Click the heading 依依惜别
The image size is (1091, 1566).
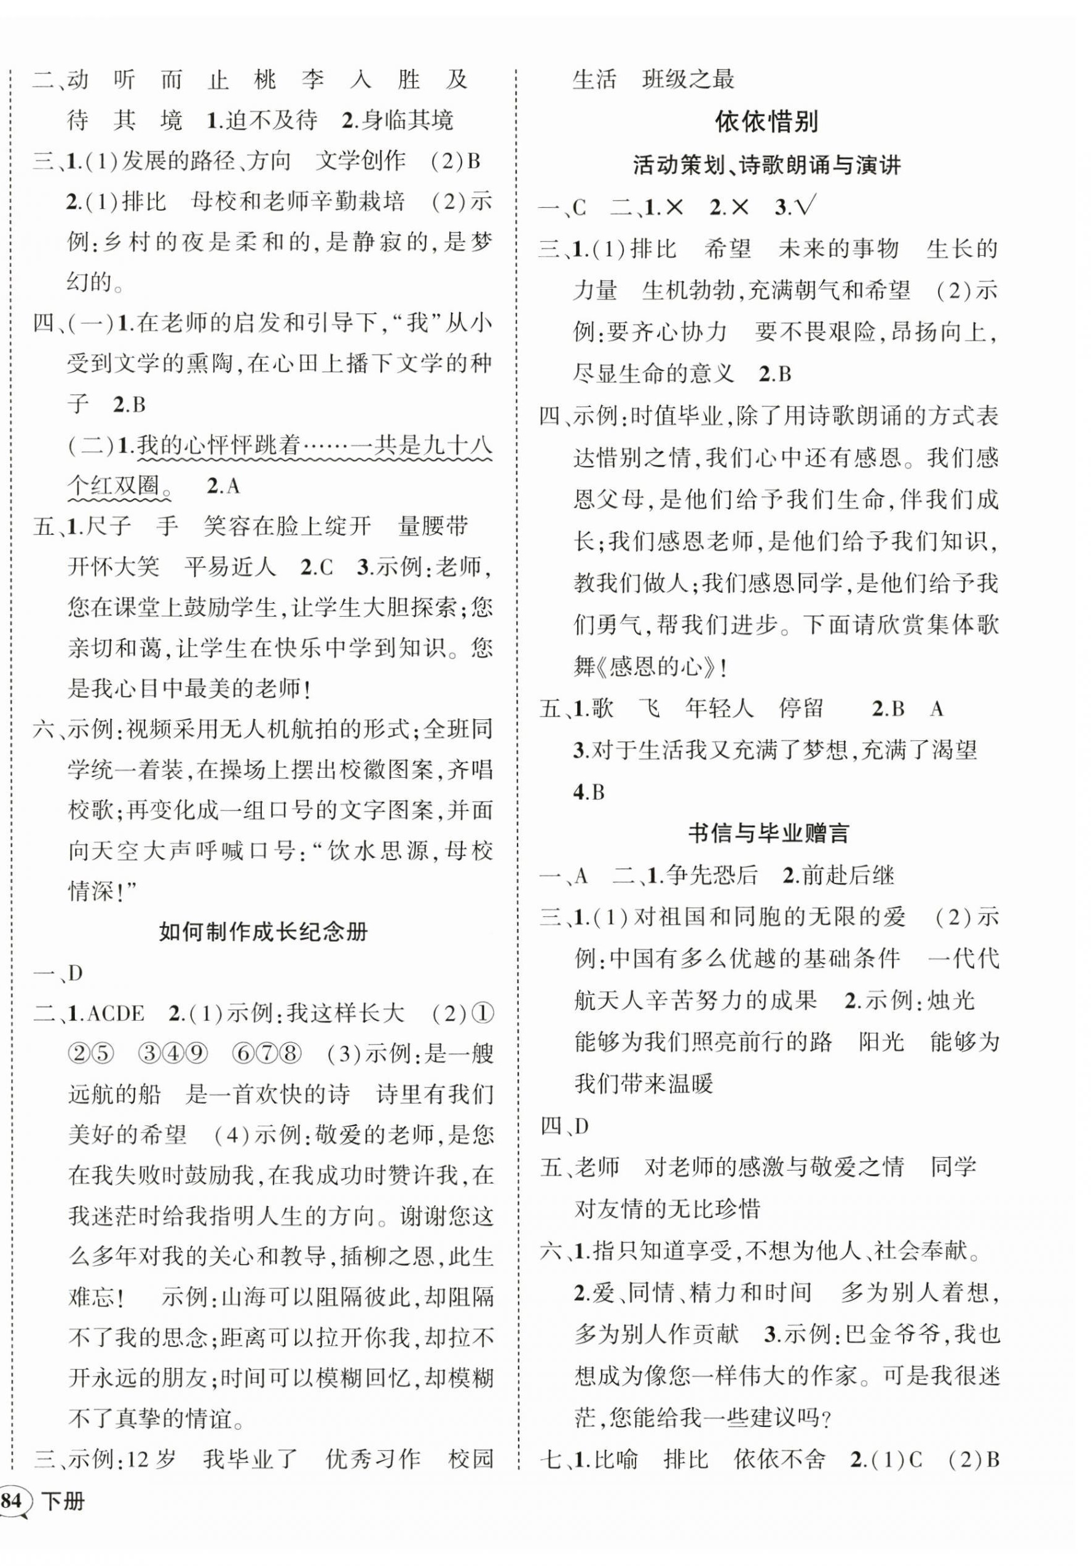pos(766,122)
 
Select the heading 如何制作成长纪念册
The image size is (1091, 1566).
pos(263,931)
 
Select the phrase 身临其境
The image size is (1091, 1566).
pos(407,121)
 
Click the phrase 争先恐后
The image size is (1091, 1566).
pos(711,875)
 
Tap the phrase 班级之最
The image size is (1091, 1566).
pos(688,79)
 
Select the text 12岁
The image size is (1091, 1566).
pos(151,1460)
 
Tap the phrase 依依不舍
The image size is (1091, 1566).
pos(779,1460)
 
